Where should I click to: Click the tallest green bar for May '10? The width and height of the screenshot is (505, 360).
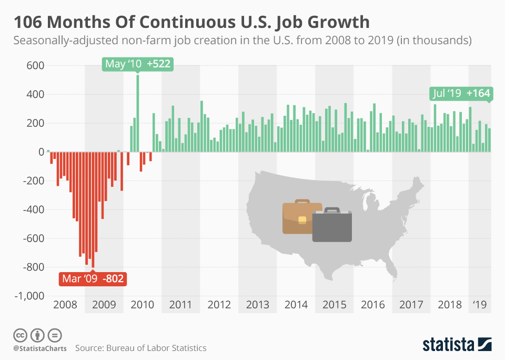tap(138, 113)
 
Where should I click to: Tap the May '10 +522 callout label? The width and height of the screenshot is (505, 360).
tap(138, 64)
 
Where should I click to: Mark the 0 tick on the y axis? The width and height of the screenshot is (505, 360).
tap(41, 152)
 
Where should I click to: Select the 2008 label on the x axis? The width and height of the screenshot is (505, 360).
tap(65, 305)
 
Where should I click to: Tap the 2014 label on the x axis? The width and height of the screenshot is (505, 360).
tap(296, 305)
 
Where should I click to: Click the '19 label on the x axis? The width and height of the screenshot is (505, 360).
tap(479, 305)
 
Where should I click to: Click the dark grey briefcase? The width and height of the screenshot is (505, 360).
tap(332, 225)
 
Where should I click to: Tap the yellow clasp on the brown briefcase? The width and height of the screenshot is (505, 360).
tap(302, 219)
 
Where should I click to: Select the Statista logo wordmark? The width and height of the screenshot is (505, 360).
tap(448, 345)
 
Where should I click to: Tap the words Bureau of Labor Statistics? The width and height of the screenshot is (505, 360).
tap(156, 348)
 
